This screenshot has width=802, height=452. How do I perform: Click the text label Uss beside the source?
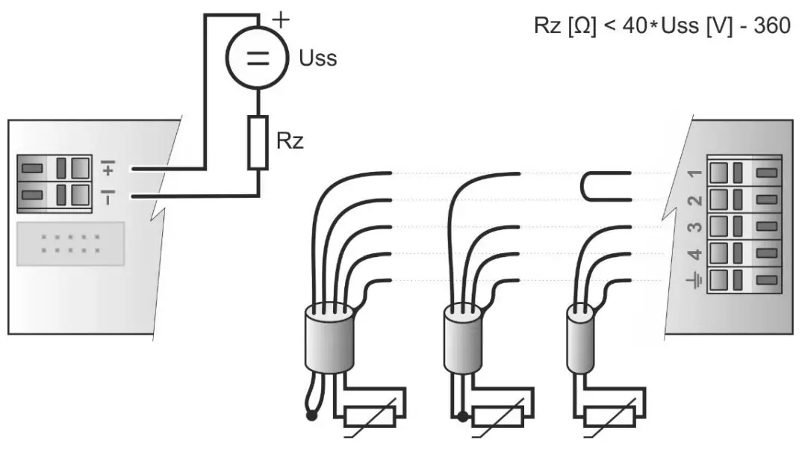tap(317, 58)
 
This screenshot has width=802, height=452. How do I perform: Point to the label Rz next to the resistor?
tap(290, 141)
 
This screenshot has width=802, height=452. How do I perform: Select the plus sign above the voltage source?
tap(281, 19)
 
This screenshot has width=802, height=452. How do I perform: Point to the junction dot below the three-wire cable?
tap(463, 415)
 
